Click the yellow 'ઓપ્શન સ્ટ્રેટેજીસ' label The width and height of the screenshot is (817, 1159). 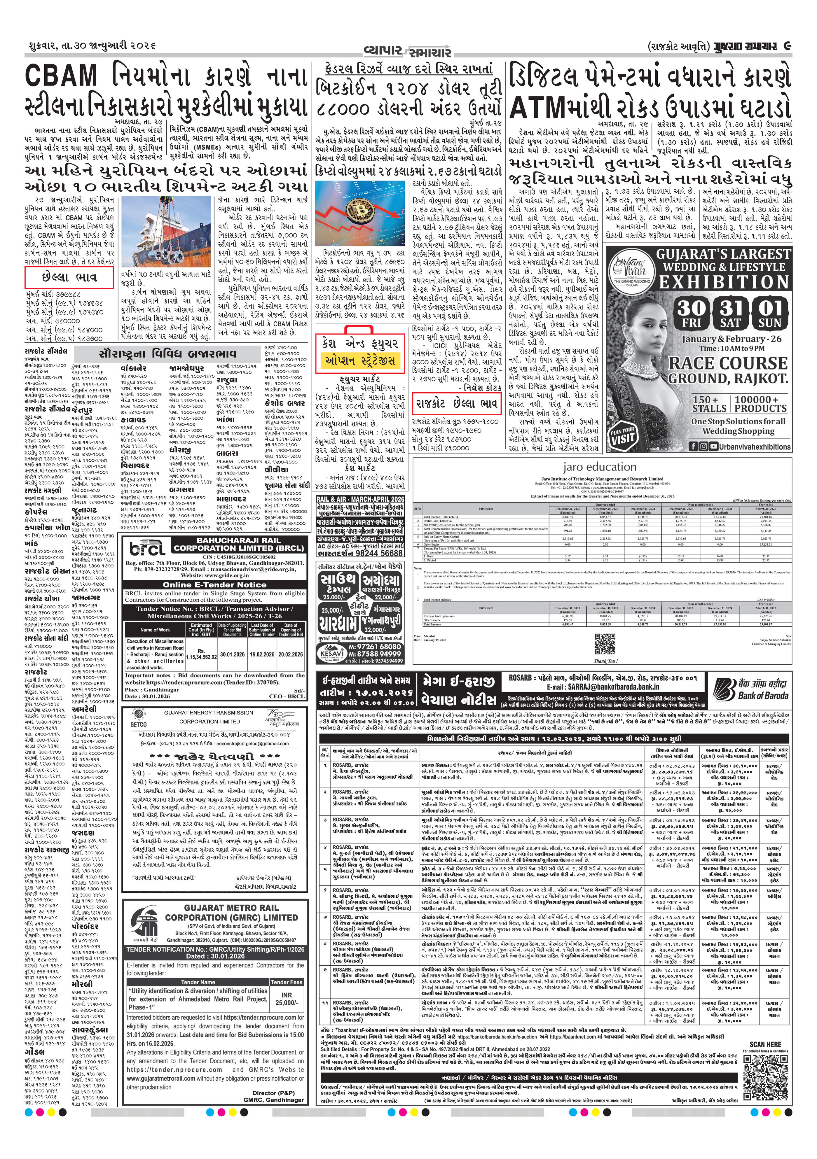coord(360,360)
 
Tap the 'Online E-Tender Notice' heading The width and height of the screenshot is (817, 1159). coord(214,584)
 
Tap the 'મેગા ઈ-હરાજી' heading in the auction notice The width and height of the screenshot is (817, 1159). coord(458,682)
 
